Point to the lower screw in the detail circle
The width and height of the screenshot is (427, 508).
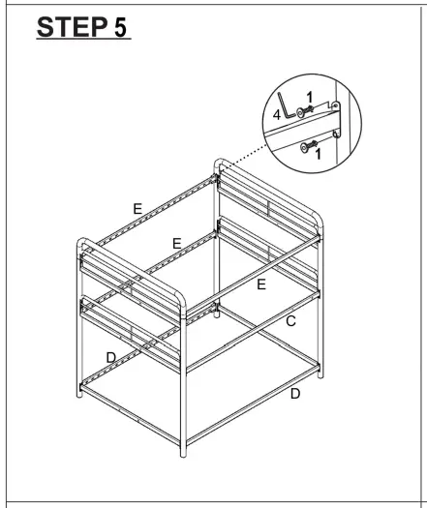click(x=311, y=146)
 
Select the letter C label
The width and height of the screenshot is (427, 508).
click(x=290, y=320)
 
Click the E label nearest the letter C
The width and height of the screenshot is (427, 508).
click(x=260, y=284)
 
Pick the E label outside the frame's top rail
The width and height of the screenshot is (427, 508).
click(x=137, y=208)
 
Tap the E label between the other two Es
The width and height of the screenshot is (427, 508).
click(x=176, y=244)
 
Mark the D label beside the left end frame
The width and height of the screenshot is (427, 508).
click(x=111, y=358)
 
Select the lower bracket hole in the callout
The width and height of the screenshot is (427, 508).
click(x=336, y=134)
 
